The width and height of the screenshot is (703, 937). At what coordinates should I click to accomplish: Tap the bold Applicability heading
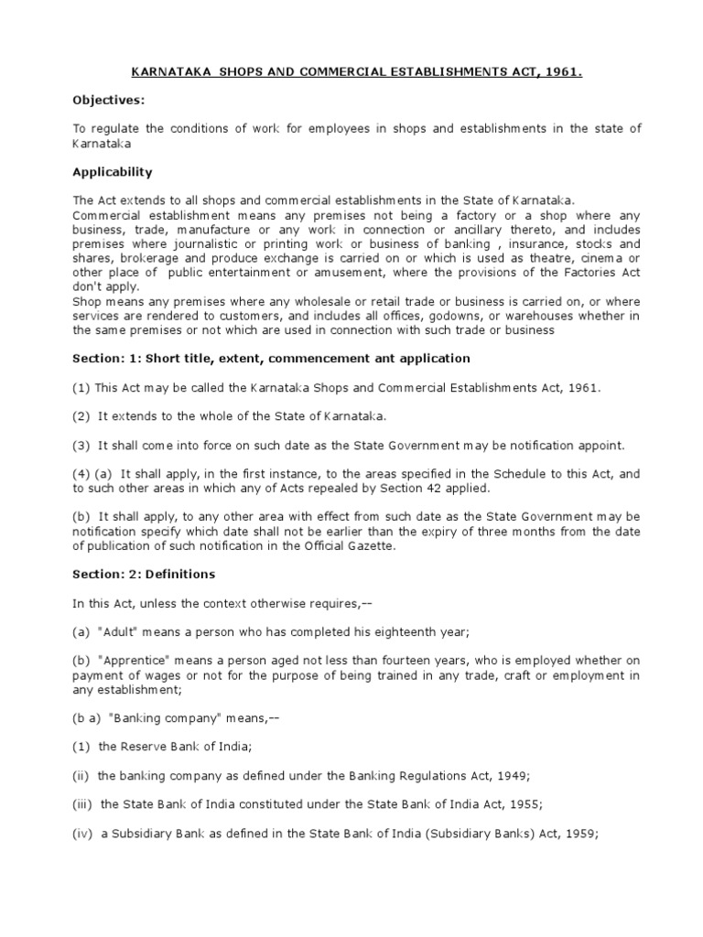click(x=112, y=172)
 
